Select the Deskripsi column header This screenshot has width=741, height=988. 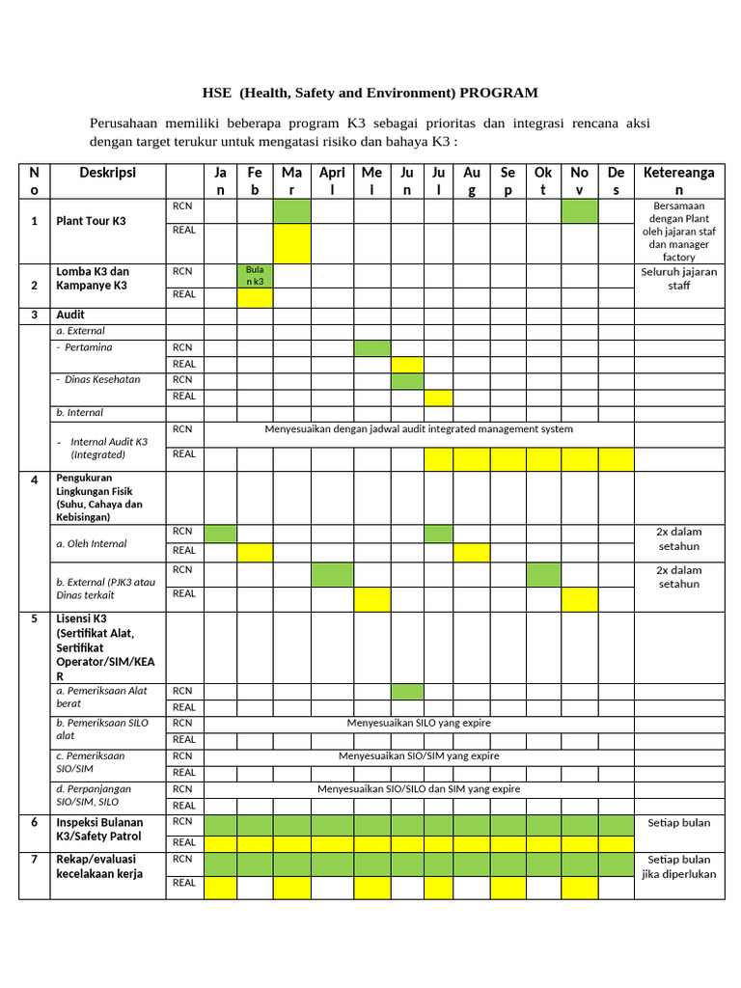click(x=107, y=173)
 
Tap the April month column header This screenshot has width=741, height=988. click(x=331, y=181)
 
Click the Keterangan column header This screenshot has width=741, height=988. click(x=679, y=181)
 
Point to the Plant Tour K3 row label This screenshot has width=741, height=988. click(x=91, y=221)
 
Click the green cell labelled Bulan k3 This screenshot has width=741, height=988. click(x=255, y=275)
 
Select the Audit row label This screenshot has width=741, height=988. click(x=70, y=315)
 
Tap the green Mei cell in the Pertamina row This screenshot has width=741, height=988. click(x=371, y=347)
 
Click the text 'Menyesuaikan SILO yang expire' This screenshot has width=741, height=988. click(x=419, y=723)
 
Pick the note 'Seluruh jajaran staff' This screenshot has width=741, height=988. click(x=679, y=278)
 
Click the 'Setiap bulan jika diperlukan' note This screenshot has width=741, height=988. click(x=679, y=866)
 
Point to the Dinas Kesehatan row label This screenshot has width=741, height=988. click(x=101, y=379)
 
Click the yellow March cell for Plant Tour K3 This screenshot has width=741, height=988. click(x=292, y=242)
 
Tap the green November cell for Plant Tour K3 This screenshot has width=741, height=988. click(x=579, y=210)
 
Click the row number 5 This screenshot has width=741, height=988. click(x=34, y=618)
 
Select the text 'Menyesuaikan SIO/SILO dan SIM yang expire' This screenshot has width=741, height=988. click(x=419, y=788)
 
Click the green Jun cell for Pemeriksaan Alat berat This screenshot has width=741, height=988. click(x=407, y=691)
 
